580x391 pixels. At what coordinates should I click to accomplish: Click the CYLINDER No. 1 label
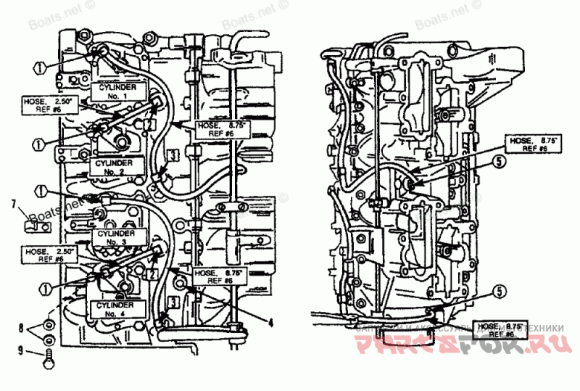click(117, 91)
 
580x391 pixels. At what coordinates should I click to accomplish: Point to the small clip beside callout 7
click(36, 225)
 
